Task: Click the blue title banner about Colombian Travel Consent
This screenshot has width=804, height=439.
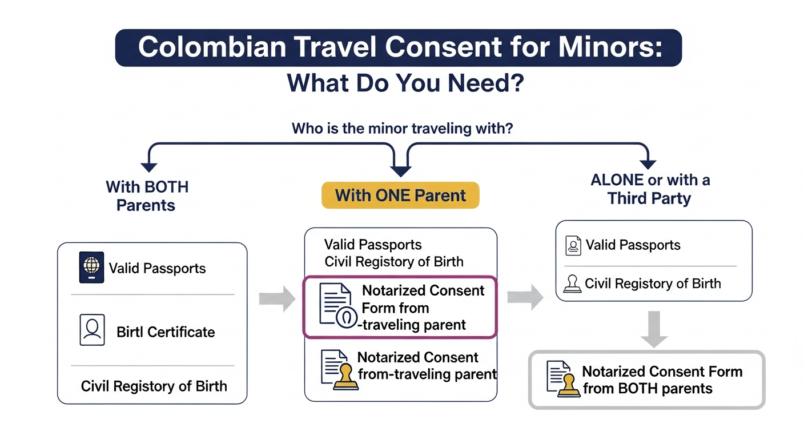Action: [x=399, y=47]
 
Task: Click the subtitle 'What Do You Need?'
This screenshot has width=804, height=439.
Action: [x=405, y=83]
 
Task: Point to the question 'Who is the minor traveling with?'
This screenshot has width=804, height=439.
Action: [x=402, y=128]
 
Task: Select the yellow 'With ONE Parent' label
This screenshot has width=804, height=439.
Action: [x=400, y=195]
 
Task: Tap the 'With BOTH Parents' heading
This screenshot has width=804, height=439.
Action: [x=147, y=195]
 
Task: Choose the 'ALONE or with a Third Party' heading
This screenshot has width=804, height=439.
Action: [x=650, y=189]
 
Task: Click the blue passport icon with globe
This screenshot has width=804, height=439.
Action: [x=91, y=268]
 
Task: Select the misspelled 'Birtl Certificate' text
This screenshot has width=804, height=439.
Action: [x=166, y=332]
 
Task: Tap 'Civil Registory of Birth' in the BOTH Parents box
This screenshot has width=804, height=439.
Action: [x=154, y=386]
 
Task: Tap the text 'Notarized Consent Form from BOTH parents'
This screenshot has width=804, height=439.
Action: [x=662, y=380]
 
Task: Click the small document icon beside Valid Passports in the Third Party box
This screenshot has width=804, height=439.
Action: [x=573, y=246]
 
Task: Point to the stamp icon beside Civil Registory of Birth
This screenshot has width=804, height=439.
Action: [x=573, y=284]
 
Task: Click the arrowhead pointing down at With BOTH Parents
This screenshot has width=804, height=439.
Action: [x=149, y=167]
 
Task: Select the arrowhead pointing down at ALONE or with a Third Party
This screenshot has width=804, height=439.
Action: [x=648, y=164]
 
